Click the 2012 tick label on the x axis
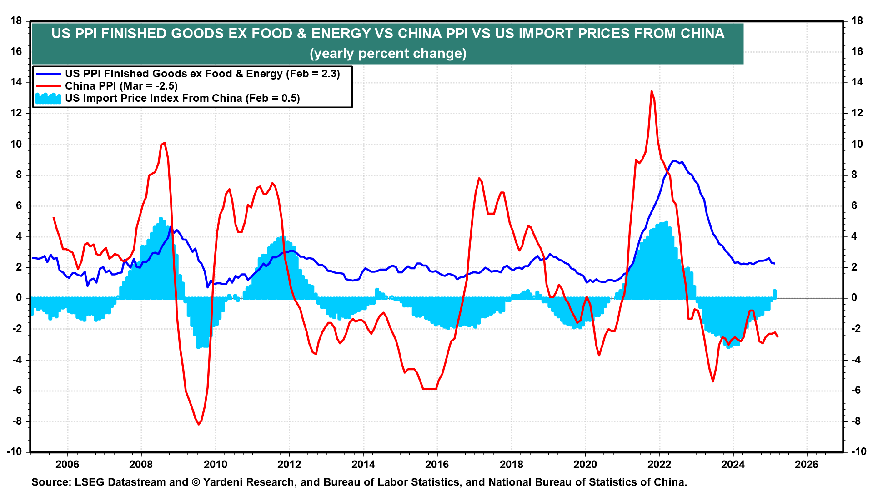pyautogui.click(x=289, y=464)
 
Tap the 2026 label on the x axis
pyautogui.click(x=806, y=464)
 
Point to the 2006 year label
pyautogui.click(x=67, y=464)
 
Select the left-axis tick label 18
pyautogui.click(x=16, y=20)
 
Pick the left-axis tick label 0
pyautogui.click(x=19, y=298)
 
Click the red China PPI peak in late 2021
pyautogui.click(x=652, y=91)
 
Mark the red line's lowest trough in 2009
pyautogui.click(x=199, y=424)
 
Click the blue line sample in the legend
pyautogui.click(x=48, y=74)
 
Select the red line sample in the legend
pyautogui.click(x=48, y=86)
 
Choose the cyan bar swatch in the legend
pyautogui.click(x=48, y=98)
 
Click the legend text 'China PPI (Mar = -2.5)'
pyautogui.click(x=121, y=86)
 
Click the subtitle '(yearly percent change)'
pyautogui.click(x=388, y=54)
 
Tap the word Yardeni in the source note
pyautogui.click(x=224, y=482)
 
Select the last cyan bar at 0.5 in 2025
pyautogui.click(x=775, y=294)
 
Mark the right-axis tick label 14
pyautogui.click(x=857, y=82)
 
